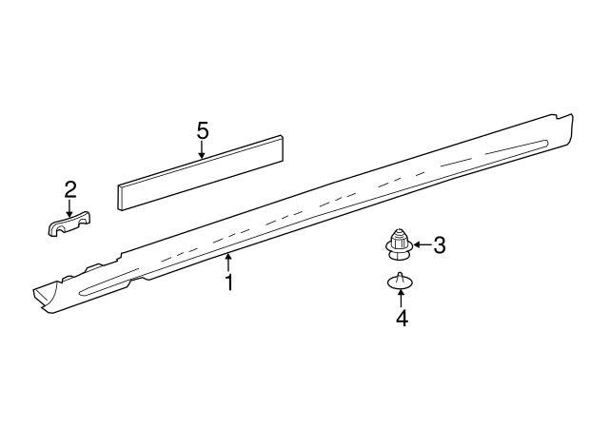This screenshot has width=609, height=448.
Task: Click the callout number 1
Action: [x=228, y=282]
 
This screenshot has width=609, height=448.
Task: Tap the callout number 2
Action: [x=69, y=188]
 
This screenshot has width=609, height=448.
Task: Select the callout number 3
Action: [x=440, y=246]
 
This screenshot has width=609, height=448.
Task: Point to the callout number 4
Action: [x=402, y=320]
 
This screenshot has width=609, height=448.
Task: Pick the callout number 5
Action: [x=202, y=130]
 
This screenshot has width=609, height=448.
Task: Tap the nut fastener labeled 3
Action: [x=400, y=246]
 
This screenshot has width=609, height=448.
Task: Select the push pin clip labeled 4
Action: [x=401, y=282]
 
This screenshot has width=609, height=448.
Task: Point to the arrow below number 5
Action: [x=202, y=149]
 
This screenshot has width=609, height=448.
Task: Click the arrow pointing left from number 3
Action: [x=421, y=246]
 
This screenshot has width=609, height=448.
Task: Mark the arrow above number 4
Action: [x=402, y=298]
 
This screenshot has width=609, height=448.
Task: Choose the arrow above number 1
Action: [x=228, y=263]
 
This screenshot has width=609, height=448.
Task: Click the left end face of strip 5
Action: [x=121, y=196]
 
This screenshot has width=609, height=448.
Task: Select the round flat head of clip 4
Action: [x=401, y=283]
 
